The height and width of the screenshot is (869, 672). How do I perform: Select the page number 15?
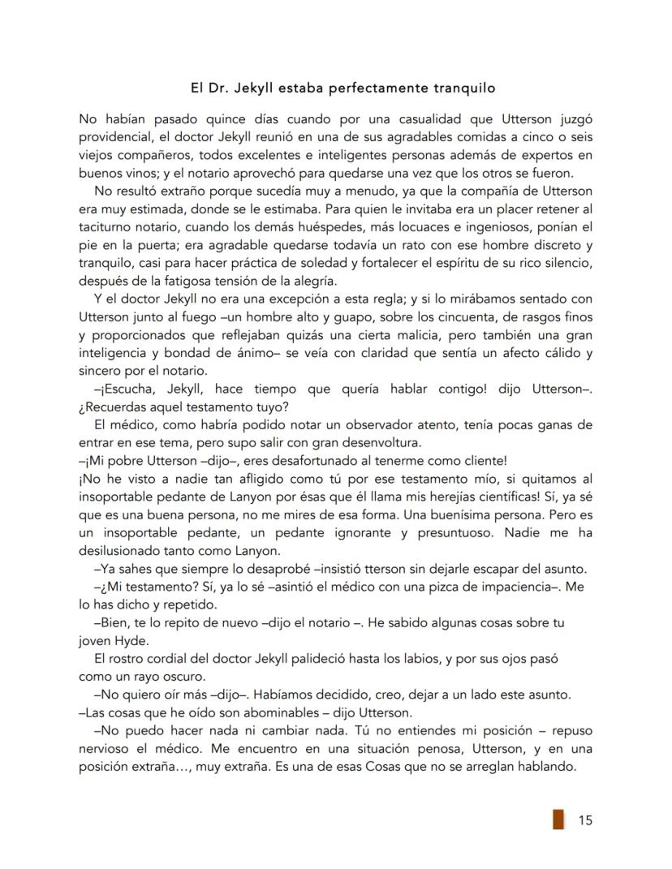tap(584, 820)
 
